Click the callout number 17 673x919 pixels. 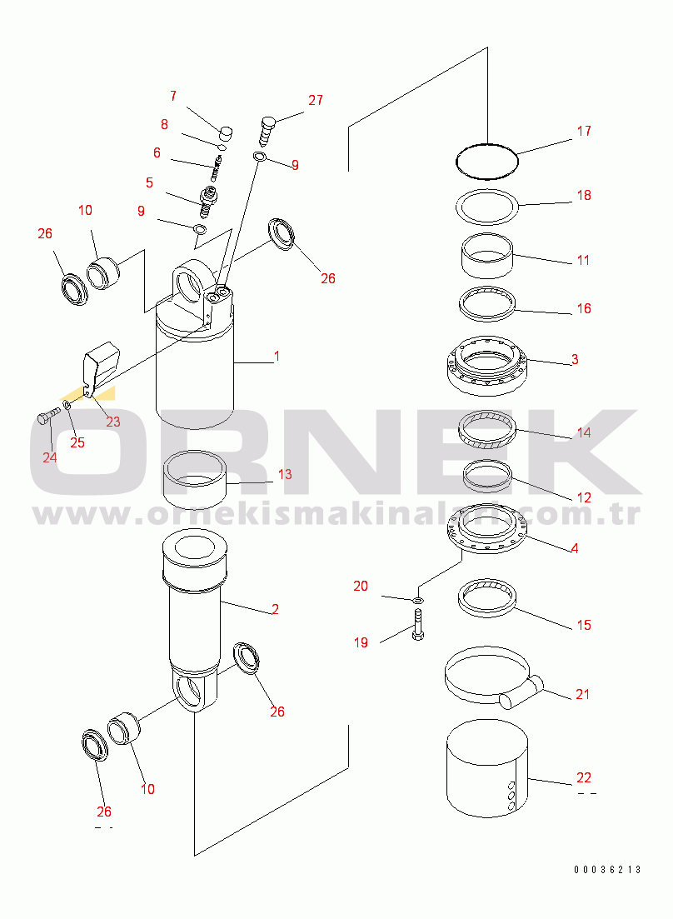click(x=584, y=131)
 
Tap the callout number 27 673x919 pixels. click(x=316, y=100)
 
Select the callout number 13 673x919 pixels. click(x=285, y=474)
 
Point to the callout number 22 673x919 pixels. click(x=584, y=777)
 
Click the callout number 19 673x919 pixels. click(x=361, y=642)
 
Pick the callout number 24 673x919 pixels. click(x=50, y=457)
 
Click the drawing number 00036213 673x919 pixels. click(x=607, y=870)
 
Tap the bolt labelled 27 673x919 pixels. click(x=267, y=132)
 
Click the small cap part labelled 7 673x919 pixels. click(x=226, y=133)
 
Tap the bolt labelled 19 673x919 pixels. click(x=417, y=624)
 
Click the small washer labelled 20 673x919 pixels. click(x=417, y=600)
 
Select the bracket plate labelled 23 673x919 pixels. click(x=100, y=367)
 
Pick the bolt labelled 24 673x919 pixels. click(x=47, y=417)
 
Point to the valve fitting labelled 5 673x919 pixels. click(x=208, y=199)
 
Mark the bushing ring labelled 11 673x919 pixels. click(x=486, y=256)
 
